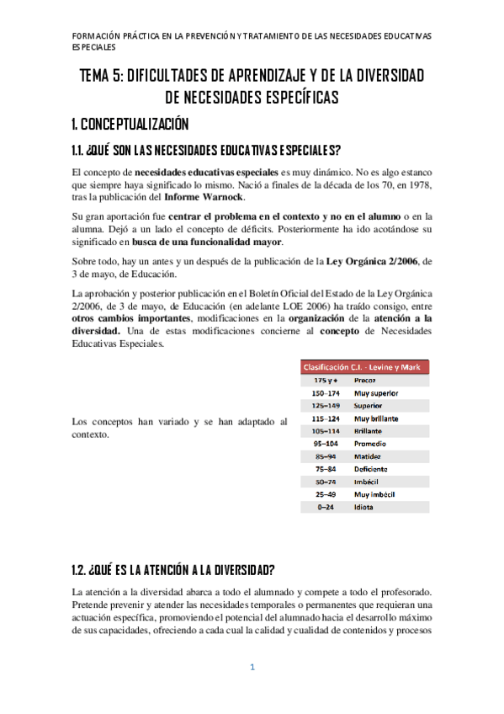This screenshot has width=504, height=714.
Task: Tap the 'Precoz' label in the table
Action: pos(365,381)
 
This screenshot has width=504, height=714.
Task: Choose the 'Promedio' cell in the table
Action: pos(370,443)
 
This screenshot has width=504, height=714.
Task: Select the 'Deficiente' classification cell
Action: pos(371,469)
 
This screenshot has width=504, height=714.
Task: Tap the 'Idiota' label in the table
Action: pos(364,507)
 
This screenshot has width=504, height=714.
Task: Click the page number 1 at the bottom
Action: pos(252,668)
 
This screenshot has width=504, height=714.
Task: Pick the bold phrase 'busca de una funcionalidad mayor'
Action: pos(202,240)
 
